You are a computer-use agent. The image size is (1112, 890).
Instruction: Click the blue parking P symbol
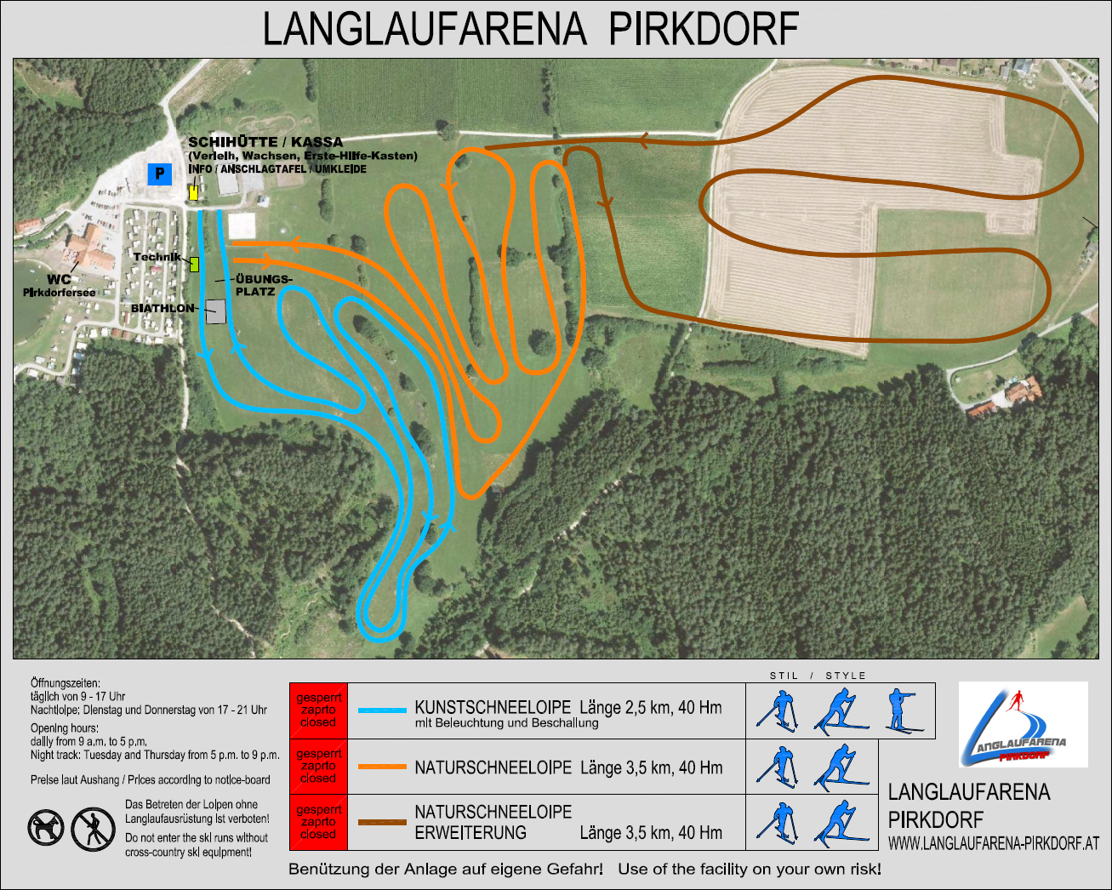point(159,174)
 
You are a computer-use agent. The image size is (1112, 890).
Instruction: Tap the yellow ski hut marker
point(194,191)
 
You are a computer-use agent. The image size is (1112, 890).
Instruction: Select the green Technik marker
point(194,264)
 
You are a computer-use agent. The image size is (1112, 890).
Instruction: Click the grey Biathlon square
point(215,311)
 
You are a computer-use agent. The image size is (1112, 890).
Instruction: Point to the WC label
point(59,279)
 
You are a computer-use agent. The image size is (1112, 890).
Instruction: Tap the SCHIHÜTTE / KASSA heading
point(265,142)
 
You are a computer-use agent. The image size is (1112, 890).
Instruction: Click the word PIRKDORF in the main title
point(704,29)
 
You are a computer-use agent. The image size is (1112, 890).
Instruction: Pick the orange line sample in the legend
point(382,767)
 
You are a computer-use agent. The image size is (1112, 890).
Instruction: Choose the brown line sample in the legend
point(382,823)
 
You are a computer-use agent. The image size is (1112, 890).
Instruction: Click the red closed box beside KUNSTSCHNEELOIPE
point(317,710)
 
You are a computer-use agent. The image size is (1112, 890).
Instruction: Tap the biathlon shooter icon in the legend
point(903,710)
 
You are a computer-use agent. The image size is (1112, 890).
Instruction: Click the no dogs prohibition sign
point(46,827)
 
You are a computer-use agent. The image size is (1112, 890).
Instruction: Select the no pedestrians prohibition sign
point(92,828)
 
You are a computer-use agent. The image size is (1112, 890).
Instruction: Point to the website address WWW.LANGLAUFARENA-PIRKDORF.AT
point(993,844)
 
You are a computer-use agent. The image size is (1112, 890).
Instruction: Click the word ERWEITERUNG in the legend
point(470,833)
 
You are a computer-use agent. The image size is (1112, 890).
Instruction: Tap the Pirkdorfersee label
point(59,293)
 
